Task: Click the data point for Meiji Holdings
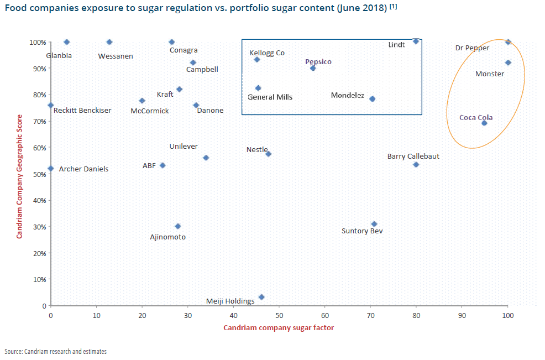(261, 297)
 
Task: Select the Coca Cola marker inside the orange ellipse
(484, 123)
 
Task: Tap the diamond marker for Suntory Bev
(374, 224)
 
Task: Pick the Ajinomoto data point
(177, 226)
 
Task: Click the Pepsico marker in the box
(313, 68)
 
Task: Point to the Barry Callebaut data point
(416, 164)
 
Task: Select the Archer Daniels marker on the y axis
(51, 169)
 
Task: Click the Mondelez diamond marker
(372, 99)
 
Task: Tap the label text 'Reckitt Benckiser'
(82, 111)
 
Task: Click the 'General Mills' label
(270, 97)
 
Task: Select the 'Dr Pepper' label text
(472, 48)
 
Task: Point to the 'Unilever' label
(184, 147)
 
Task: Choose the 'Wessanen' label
(116, 56)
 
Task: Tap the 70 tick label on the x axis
(370, 316)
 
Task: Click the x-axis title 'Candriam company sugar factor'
(279, 328)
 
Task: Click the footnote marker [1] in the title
(393, 7)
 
